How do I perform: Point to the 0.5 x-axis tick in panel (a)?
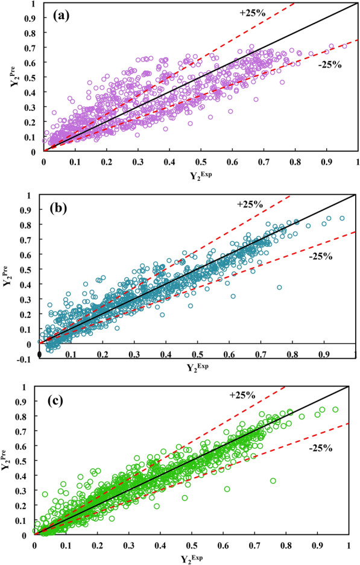(200, 162)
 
